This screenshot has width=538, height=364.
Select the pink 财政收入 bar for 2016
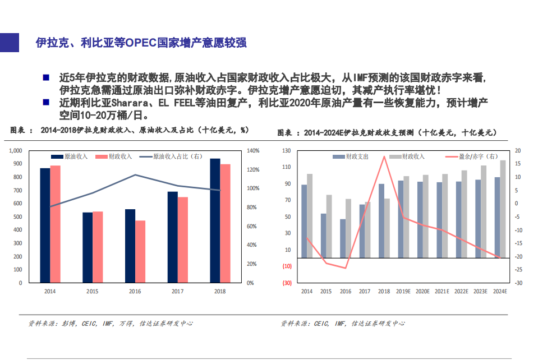[140, 251]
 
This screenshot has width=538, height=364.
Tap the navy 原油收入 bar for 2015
[88, 247]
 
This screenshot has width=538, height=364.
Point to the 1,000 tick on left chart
[15, 151]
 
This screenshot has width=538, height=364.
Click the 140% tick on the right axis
[252, 151]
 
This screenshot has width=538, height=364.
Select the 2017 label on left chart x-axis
[177, 292]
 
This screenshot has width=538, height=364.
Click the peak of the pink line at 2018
[384, 156]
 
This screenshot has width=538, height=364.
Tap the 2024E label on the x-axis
[499, 292]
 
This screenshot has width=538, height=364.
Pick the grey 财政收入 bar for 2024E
[503, 209]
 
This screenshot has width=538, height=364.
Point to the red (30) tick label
[286, 283]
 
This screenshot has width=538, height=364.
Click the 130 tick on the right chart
[287, 151]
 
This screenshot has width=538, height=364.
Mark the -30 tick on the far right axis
[518, 283]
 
